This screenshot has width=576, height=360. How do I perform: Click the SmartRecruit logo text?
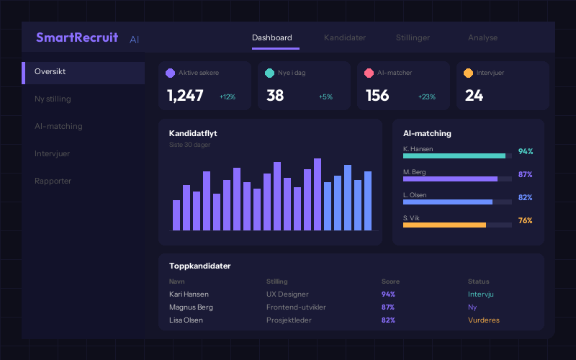click(77, 37)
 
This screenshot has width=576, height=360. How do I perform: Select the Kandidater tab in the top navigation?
click(345, 37)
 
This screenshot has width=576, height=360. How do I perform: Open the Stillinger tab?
click(413, 37)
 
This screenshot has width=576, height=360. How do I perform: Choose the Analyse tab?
click(482, 37)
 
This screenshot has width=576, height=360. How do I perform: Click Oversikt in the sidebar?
click(50, 72)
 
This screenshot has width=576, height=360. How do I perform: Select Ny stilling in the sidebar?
click(53, 99)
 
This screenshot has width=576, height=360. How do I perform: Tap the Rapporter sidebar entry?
click(53, 181)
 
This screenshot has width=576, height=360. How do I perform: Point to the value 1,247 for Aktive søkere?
click(185, 96)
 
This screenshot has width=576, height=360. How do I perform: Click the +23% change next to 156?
click(427, 96)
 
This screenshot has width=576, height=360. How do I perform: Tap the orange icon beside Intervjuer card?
click(469, 73)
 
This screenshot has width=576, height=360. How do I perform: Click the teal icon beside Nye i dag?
click(270, 73)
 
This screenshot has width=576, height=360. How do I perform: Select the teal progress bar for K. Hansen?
click(454, 156)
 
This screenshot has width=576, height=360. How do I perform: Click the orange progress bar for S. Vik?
click(444, 225)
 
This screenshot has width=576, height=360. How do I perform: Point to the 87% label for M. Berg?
click(525, 175)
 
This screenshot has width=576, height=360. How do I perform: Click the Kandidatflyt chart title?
click(193, 133)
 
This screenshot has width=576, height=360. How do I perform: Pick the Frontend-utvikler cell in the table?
click(296, 307)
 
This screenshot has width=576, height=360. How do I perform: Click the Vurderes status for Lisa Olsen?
click(483, 320)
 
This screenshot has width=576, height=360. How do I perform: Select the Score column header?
click(390, 282)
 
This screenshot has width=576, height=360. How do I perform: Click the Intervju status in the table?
click(480, 294)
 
